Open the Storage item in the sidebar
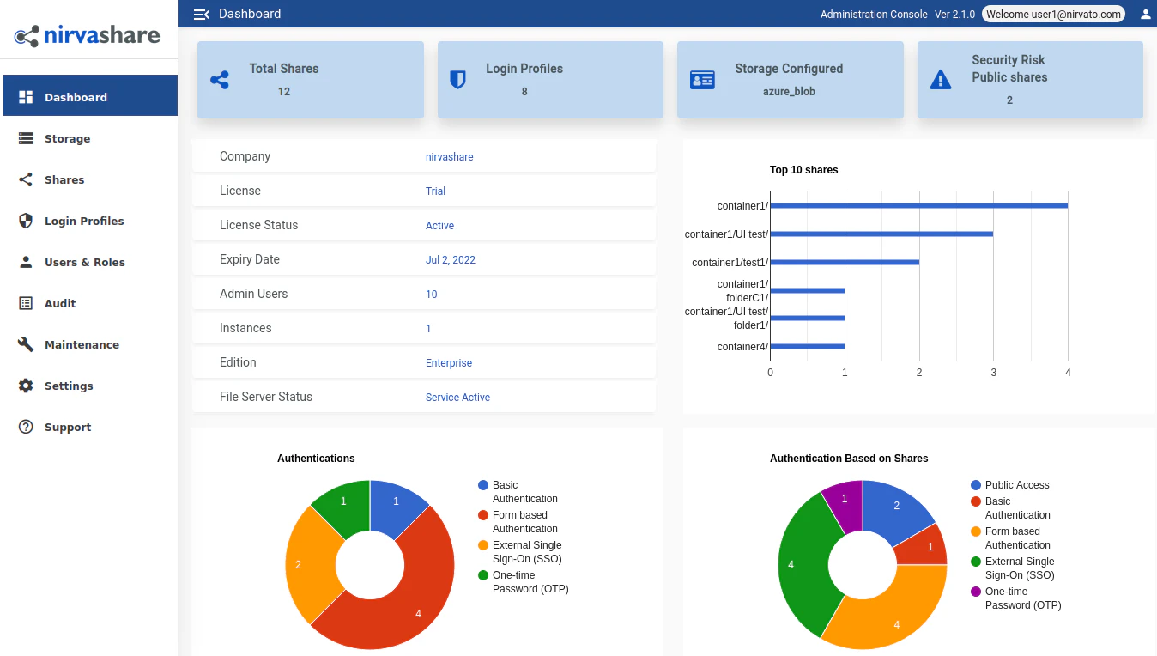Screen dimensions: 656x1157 point(67,138)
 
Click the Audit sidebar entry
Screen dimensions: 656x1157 point(60,303)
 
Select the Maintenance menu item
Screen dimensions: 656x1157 point(82,344)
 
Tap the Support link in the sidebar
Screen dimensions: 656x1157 point(67,427)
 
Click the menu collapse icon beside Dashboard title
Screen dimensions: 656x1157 point(202,14)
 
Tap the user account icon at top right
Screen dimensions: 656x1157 point(1145,15)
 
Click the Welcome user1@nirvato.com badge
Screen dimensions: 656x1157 point(1053,15)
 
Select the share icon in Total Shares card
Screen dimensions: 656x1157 point(220,81)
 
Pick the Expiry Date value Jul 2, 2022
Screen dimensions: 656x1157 point(451,260)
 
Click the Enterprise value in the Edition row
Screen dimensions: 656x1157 point(449,363)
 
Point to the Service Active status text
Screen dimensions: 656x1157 point(457,398)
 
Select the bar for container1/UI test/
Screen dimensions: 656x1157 point(881,234)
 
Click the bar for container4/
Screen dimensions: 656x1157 point(807,347)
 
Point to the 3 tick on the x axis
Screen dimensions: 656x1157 point(994,373)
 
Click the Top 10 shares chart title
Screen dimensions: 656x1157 point(803,170)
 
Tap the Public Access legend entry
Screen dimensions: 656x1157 point(1016,485)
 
